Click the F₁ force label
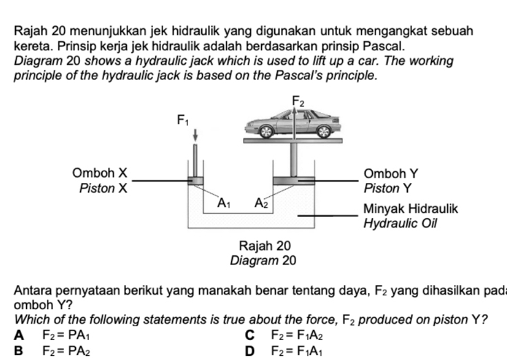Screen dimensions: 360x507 tap(183, 122)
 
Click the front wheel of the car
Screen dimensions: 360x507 tap(266, 131)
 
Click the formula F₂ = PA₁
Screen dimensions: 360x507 tap(66, 337)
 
